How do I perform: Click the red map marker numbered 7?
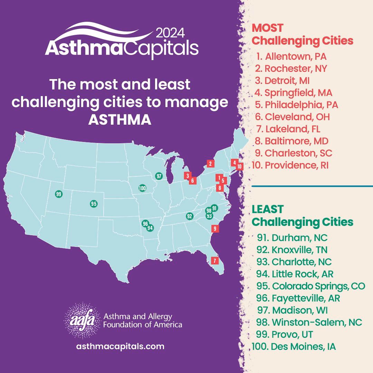click(x=215, y=261)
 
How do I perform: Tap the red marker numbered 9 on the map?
click(x=215, y=228)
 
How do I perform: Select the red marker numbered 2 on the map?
click(x=210, y=163)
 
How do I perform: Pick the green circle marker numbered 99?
click(x=58, y=194)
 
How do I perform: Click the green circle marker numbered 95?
click(x=93, y=204)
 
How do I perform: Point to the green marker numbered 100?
click(x=142, y=188)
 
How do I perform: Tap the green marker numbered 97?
click(x=159, y=176)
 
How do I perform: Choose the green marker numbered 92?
click(x=189, y=216)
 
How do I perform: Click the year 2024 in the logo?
click(x=171, y=33)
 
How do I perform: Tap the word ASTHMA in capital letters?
click(x=120, y=119)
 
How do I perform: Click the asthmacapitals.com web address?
click(x=120, y=346)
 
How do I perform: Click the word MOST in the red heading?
click(x=268, y=28)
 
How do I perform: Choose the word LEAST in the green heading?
click(x=268, y=209)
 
